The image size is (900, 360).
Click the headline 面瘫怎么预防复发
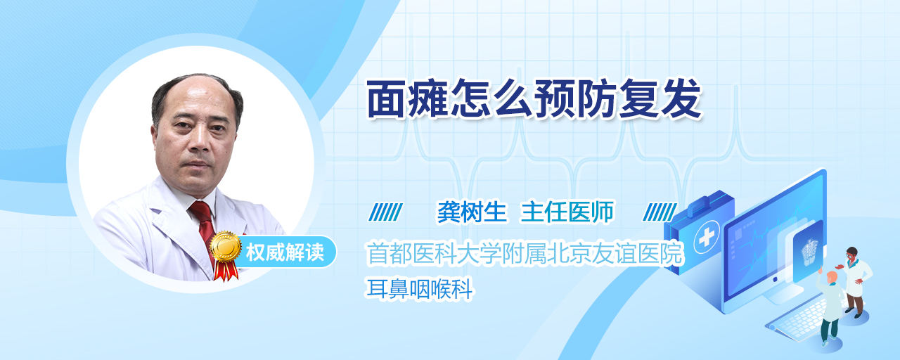(x=534, y=99)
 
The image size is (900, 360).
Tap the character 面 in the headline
(x=387, y=99)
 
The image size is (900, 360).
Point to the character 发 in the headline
(x=682, y=99)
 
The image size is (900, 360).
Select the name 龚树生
(x=472, y=212)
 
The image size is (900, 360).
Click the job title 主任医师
(x=567, y=212)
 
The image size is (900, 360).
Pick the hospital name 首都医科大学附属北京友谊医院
(x=525, y=254)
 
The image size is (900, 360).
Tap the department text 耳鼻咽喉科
(x=420, y=288)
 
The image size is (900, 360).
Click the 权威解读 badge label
(x=285, y=252)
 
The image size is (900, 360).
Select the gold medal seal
(x=226, y=246)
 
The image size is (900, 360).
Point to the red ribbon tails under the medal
(x=226, y=270)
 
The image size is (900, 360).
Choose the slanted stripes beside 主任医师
(x=660, y=212)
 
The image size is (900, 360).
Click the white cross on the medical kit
(x=707, y=238)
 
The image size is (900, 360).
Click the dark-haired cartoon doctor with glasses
(x=854, y=282)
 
